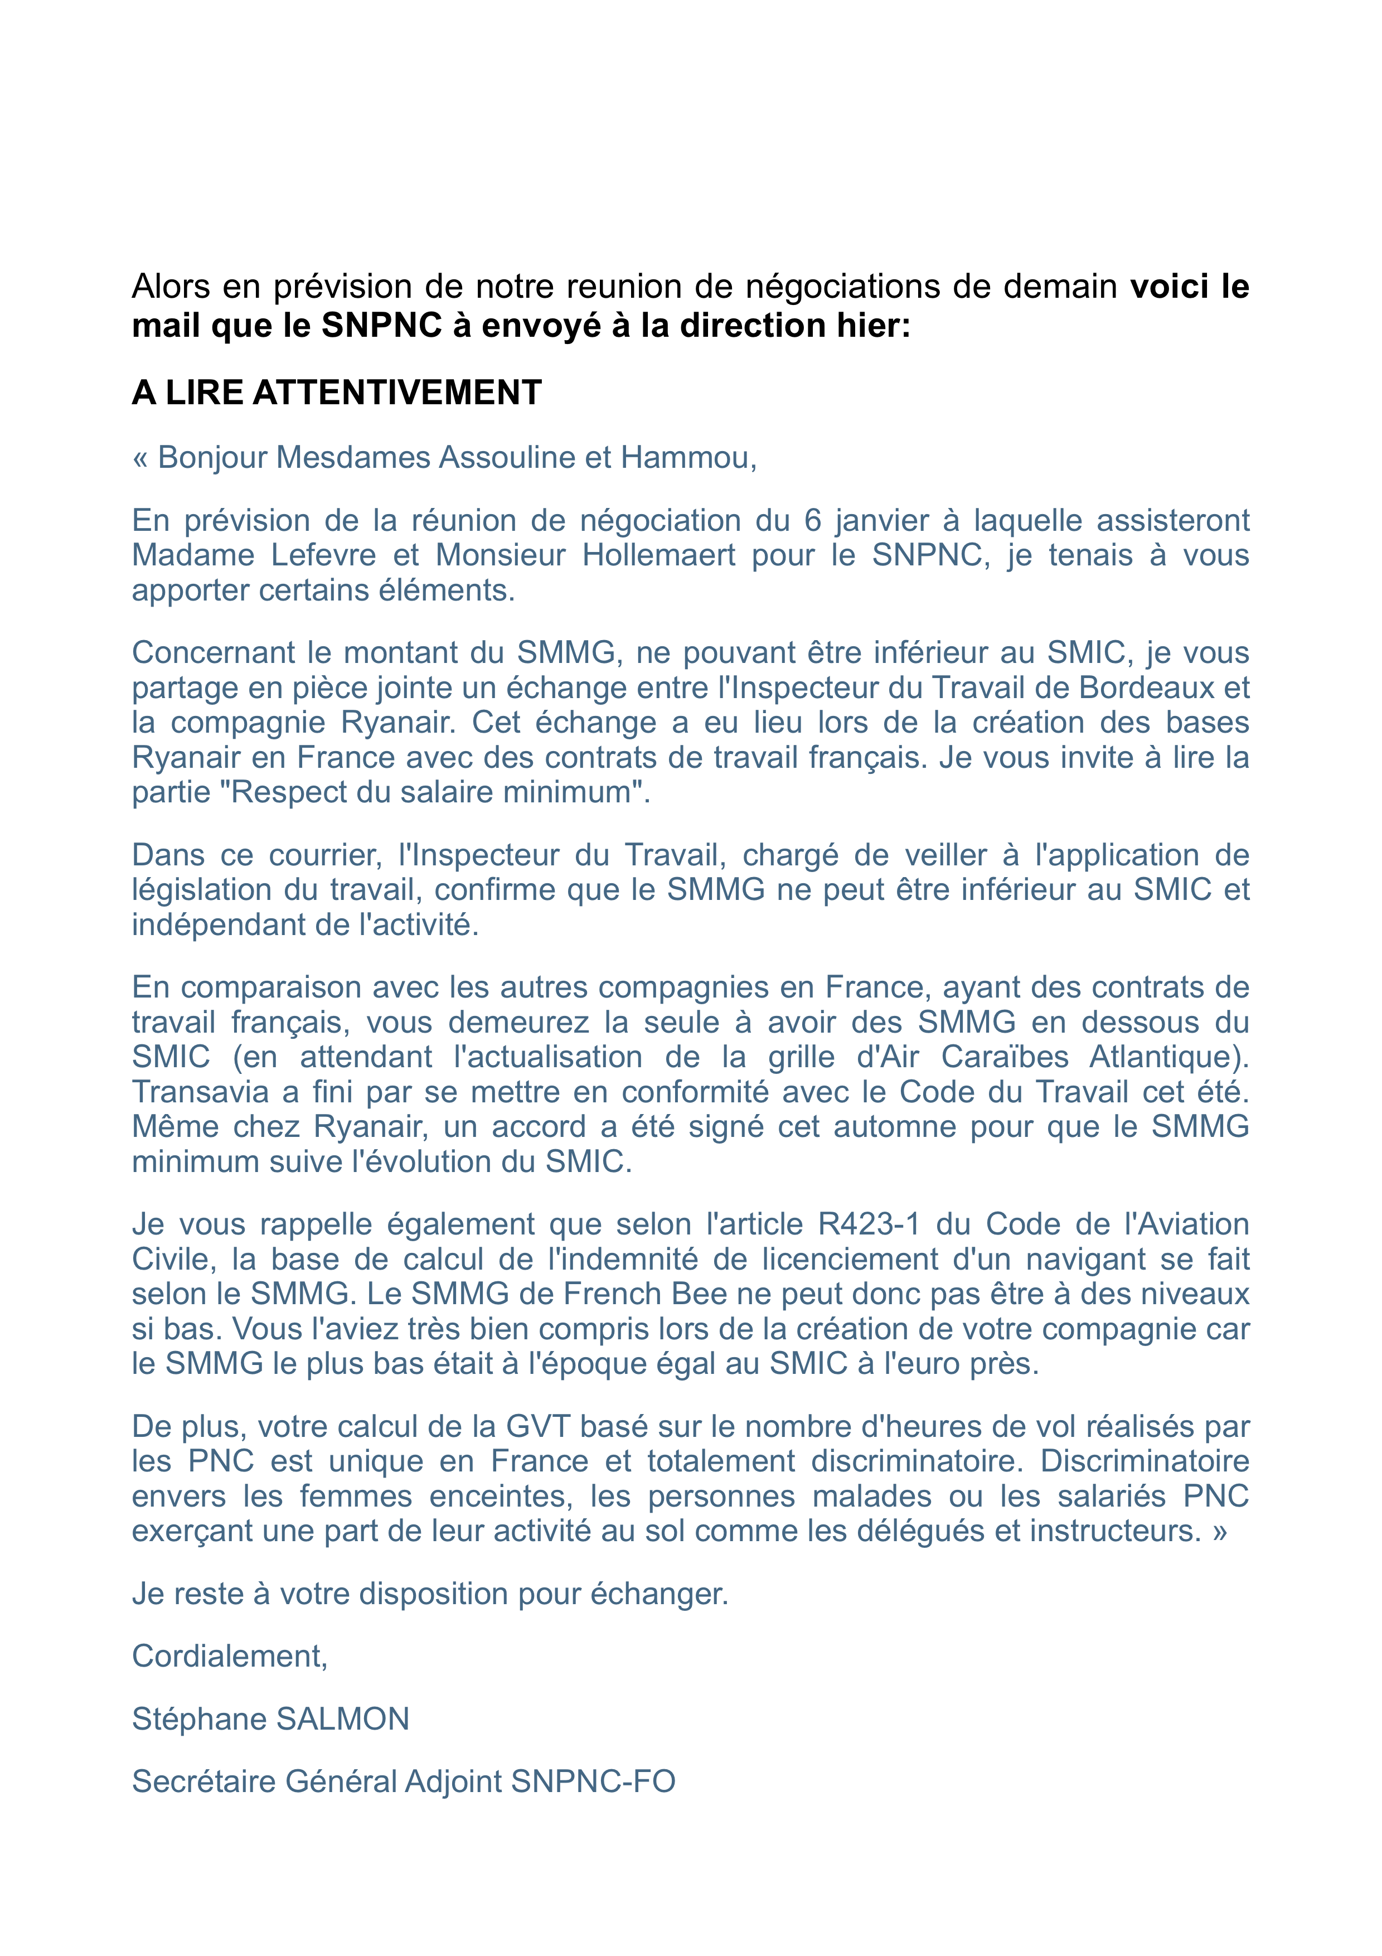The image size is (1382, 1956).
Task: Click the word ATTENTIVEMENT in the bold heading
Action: pyautogui.click(x=397, y=393)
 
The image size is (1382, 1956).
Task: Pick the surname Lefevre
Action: pyautogui.click(x=323, y=555)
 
